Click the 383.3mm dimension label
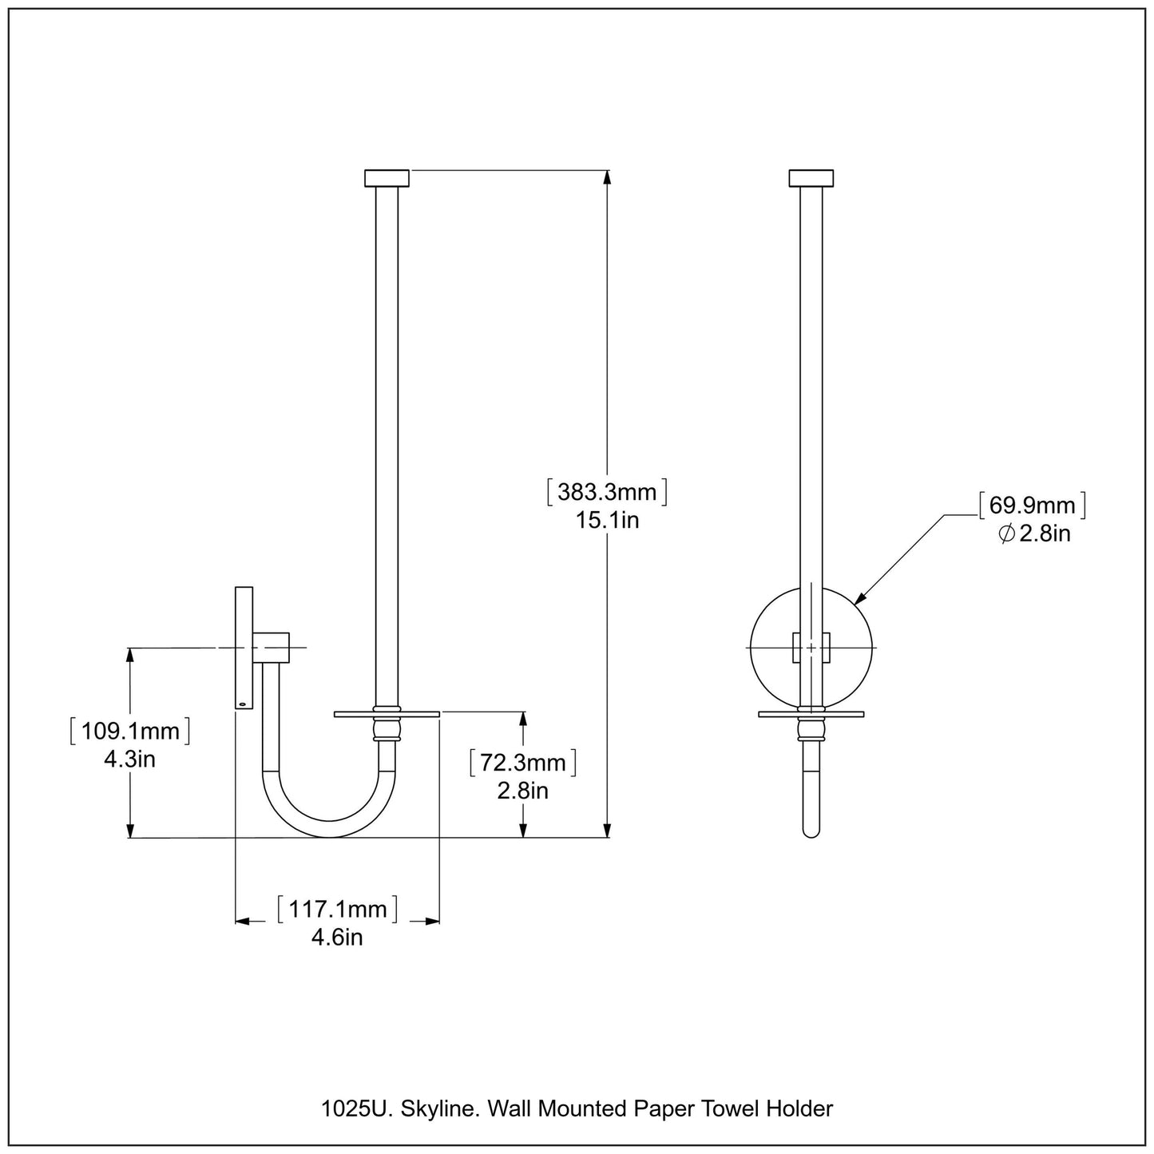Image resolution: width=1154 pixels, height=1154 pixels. pyautogui.click(x=607, y=492)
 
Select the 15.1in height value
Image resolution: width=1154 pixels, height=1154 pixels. pyautogui.click(x=607, y=521)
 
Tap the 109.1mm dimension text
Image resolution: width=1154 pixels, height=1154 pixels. pyautogui.click(x=129, y=731)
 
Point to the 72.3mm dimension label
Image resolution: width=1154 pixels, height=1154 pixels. pyautogui.click(x=522, y=763)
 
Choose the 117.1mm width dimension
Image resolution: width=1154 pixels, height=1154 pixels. pyautogui.click(x=337, y=909)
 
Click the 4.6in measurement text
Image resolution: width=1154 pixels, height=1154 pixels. pyautogui.click(x=337, y=937)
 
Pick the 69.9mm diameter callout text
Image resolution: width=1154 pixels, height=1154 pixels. pyautogui.click(x=1032, y=506)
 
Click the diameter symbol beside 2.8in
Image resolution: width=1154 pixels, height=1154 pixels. pyautogui.click(x=1006, y=533)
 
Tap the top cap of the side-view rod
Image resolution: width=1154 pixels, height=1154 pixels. pyautogui.click(x=387, y=178)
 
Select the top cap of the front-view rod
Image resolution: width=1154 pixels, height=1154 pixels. pyautogui.click(x=811, y=178)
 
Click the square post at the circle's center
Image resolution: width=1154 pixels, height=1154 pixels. pyautogui.click(x=811, y=648)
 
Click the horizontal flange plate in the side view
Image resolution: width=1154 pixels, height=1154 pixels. pyautogui.click(x=387, y=714)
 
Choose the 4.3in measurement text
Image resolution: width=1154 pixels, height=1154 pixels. pyautogui.click(x=129, y=759)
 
